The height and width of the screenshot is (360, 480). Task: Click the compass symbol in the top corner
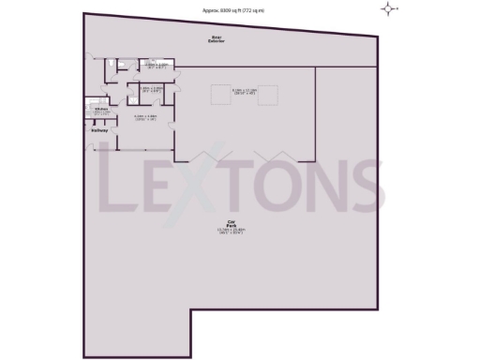[388, 9]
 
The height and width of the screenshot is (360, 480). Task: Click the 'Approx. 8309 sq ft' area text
[234, 9]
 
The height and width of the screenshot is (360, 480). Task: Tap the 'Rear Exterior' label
[217, 40]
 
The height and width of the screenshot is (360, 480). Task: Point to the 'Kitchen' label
[100, 109]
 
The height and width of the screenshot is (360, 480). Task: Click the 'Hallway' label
[98, 130]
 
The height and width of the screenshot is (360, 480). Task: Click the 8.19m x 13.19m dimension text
[245, 91]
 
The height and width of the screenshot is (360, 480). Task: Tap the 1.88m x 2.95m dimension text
[152, 90]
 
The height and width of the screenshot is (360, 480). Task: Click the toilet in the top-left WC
[112, 63]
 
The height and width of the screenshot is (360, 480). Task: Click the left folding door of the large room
[205, 156]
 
